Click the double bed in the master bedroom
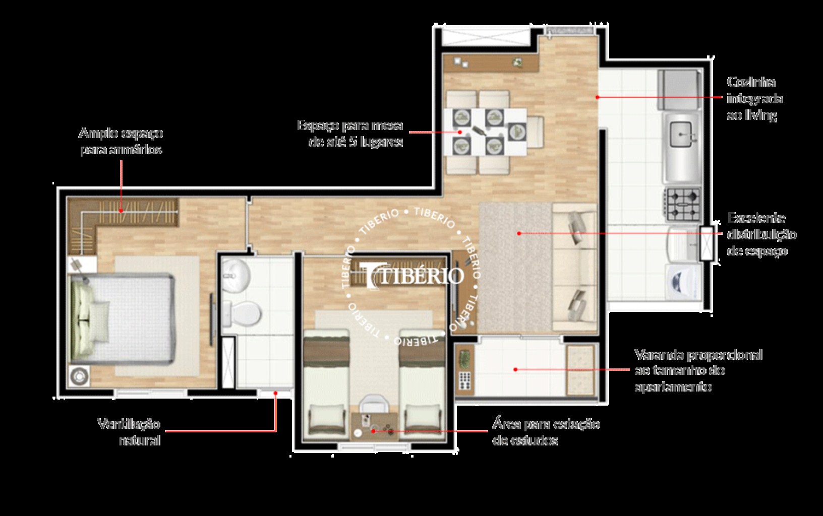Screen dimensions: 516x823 tap(124, 318)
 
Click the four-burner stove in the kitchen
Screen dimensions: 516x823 tap(684, 204)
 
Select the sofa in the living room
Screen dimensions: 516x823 tap(575, 267)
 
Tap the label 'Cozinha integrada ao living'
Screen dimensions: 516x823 tap(754, 98)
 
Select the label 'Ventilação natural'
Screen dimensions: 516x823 tap(130, 432)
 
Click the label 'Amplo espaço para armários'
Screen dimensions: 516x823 tap(121, 141)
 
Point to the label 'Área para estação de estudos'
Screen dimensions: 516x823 tap(546, 432)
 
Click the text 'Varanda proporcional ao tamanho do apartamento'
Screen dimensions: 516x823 tap(698, 370)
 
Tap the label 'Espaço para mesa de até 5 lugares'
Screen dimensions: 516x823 tap(350, 133)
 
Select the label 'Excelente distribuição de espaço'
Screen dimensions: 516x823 tap(761, 234)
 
